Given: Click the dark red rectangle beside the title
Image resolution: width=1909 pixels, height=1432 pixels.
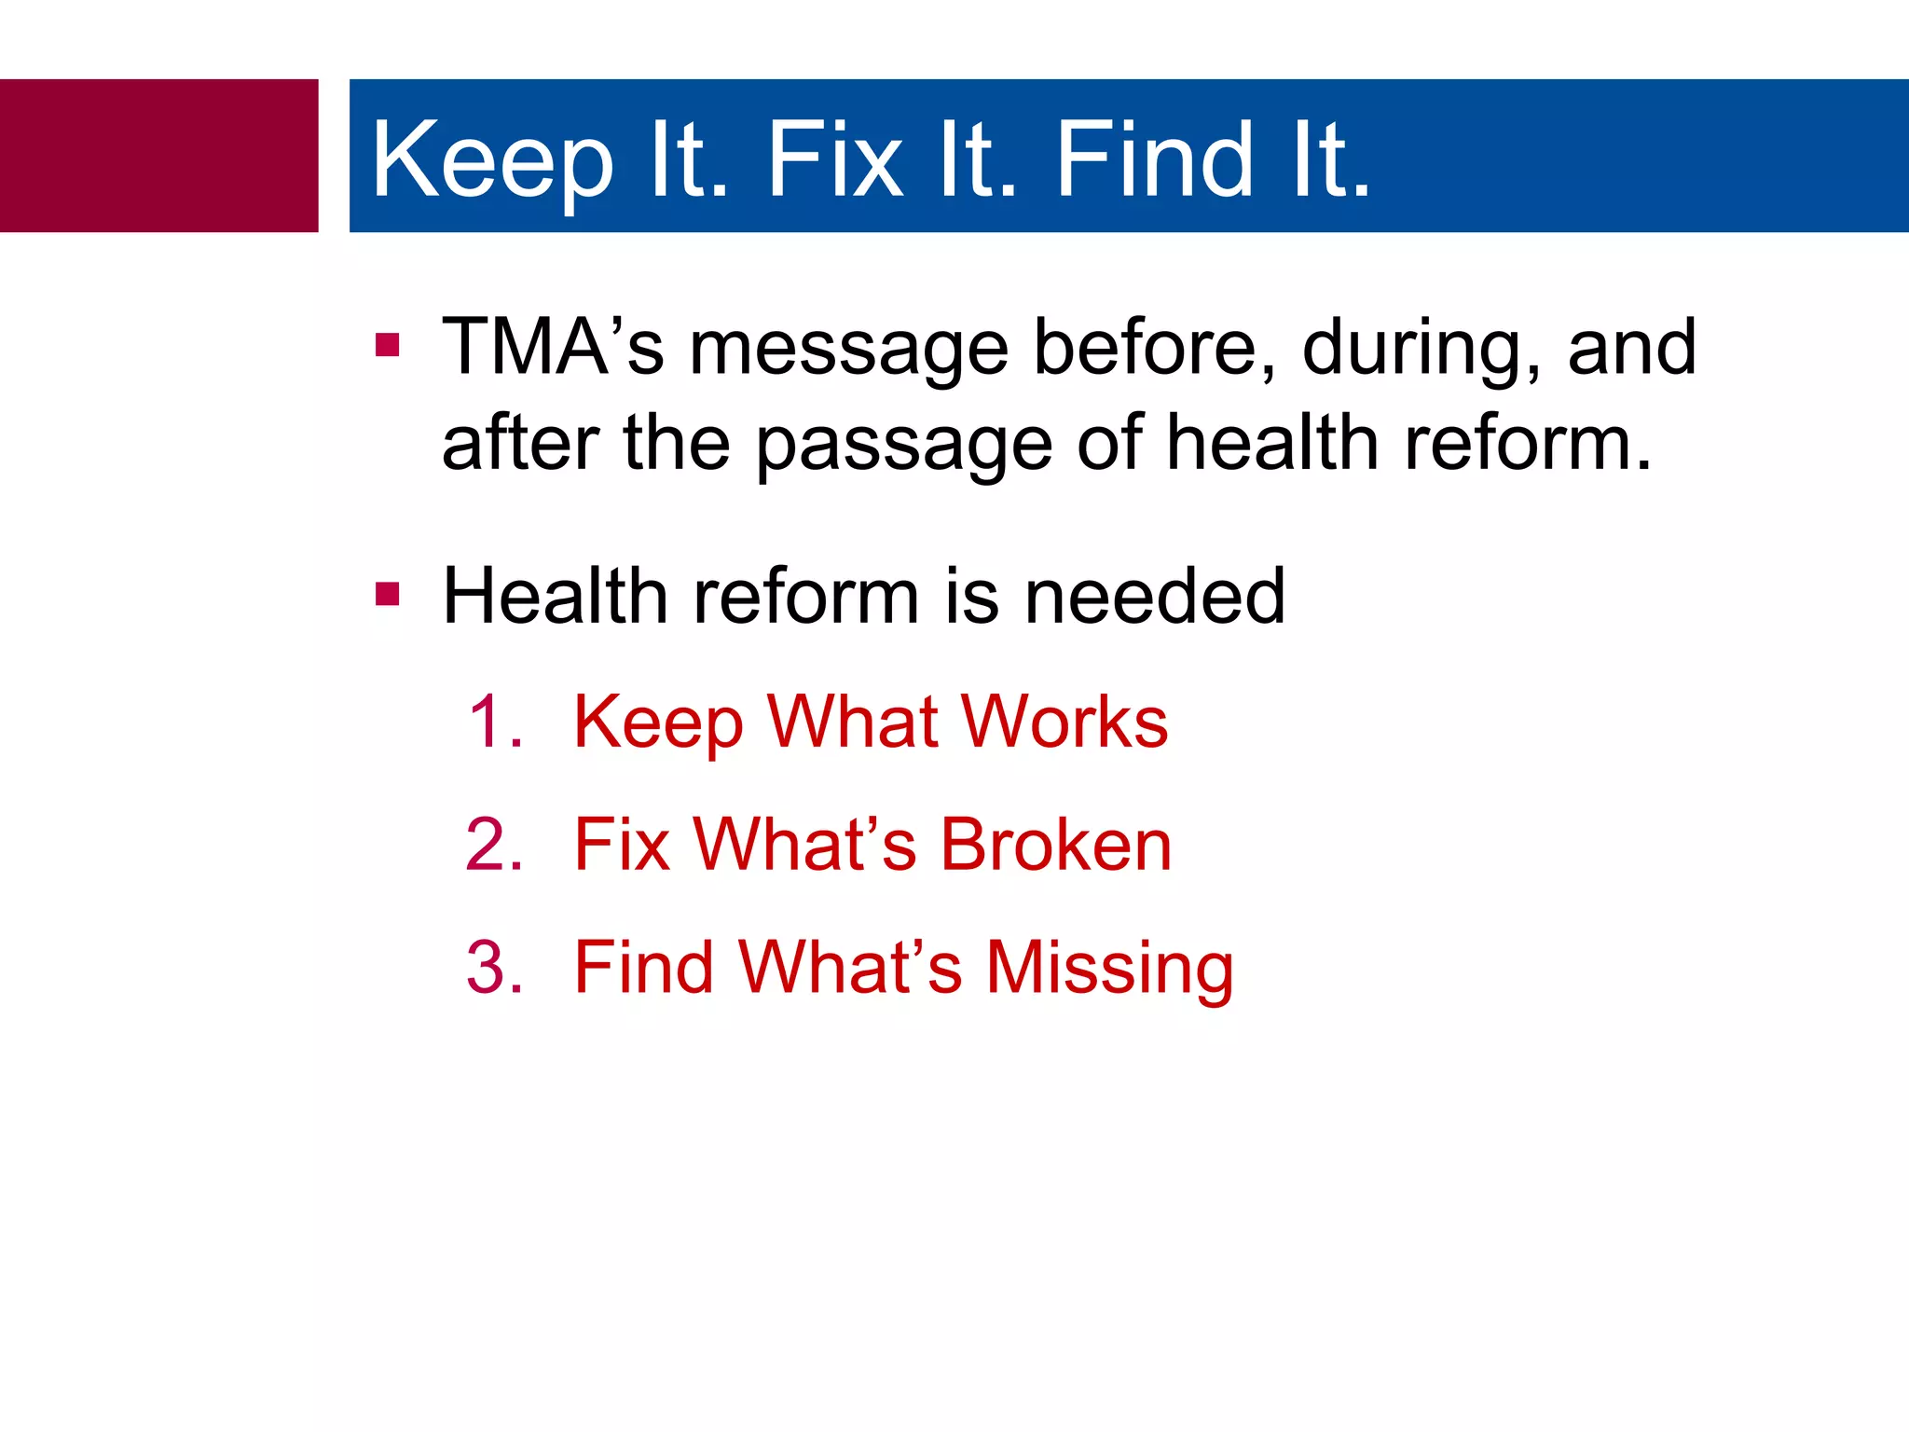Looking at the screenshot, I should (x=158, y=156).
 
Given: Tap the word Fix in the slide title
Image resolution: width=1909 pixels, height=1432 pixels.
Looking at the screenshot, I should (x=834, y=160).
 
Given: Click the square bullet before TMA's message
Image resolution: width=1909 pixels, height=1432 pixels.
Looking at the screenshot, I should (x=387, y=346).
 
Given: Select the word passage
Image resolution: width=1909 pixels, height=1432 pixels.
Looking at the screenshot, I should (x=903, y=446).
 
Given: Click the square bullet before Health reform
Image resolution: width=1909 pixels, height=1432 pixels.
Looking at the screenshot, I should (x=387, y=594).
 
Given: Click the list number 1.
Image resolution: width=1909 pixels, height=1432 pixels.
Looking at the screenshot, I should (x=494, y=722).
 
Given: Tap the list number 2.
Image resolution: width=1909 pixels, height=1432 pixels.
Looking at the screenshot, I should (x=494, y=845).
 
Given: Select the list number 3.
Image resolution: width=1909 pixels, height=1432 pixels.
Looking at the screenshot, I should (x=494, y=967).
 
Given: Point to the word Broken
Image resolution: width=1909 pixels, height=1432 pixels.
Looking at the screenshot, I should (x=1056, y=845).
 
